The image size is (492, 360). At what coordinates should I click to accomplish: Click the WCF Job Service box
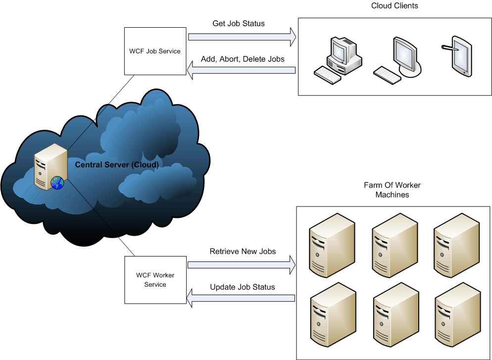click(155, 51)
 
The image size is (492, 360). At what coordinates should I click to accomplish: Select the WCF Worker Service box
click(155, 280)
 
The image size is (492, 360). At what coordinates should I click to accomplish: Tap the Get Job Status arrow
click(242, 36)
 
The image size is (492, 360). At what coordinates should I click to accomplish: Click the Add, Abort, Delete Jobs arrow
click(242, 72)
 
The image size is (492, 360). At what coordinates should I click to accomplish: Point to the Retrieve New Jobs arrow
click(242, 265)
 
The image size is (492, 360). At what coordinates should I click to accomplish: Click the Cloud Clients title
click(394, 6)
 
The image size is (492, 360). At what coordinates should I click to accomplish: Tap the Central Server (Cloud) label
click(117, 164)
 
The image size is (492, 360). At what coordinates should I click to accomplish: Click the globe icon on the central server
click(57, 183)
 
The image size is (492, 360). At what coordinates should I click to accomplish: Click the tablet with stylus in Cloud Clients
click(458, 58)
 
